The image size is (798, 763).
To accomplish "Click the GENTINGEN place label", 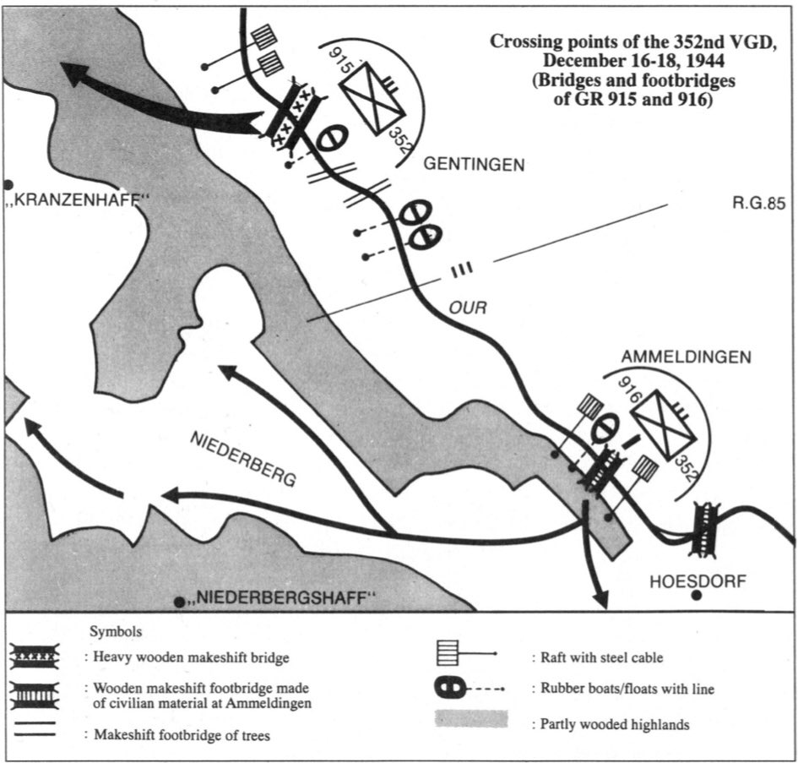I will point(474,166).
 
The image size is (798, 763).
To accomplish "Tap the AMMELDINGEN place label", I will point(686,357).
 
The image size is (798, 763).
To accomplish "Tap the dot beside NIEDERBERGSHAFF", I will point(179,602).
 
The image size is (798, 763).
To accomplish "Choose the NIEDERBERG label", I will point(243,461).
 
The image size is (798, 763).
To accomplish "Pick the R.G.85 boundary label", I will point(759,203).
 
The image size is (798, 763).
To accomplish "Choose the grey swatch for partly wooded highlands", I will point(471,719).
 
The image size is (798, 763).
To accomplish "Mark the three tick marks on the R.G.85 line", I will point(461,269).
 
